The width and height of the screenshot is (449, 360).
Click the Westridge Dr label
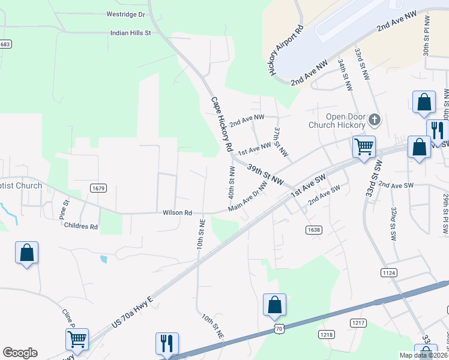point(125,14)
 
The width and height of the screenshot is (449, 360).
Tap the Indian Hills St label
point(130,33)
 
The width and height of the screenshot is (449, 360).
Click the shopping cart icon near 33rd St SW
point(364,146)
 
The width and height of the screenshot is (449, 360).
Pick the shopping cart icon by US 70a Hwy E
point(77,339)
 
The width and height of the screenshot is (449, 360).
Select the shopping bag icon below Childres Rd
point(27,253)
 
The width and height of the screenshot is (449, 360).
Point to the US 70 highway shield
point(278,328)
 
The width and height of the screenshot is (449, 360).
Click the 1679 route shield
point(99,188)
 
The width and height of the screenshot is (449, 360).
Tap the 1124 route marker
point(389,272)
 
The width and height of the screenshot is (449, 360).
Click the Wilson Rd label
point(177,212)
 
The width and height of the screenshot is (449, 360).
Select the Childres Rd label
point(81,227)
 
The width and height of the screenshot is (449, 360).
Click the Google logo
point(20,353)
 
